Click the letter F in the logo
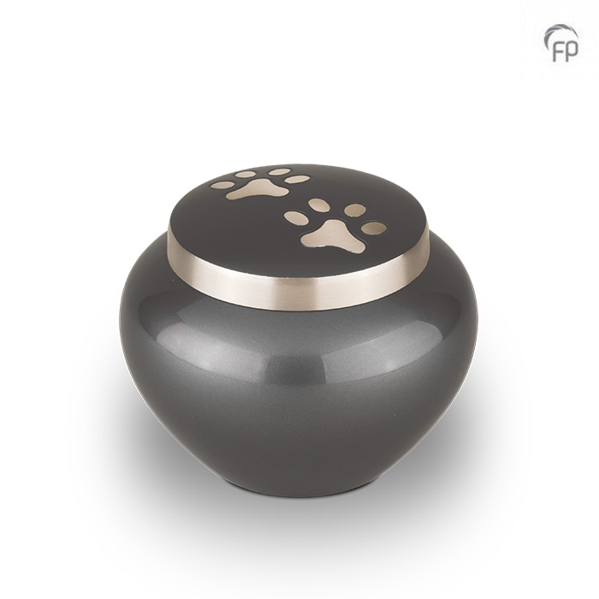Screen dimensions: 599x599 coord(559,50)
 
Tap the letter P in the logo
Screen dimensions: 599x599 coord(572,50)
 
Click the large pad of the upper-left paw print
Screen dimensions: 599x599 coord(257,189)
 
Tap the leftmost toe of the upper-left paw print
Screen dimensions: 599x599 coord(222,186)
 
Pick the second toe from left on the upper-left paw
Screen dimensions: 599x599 coord(246,175)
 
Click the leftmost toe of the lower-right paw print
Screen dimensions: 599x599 coord(295,216)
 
